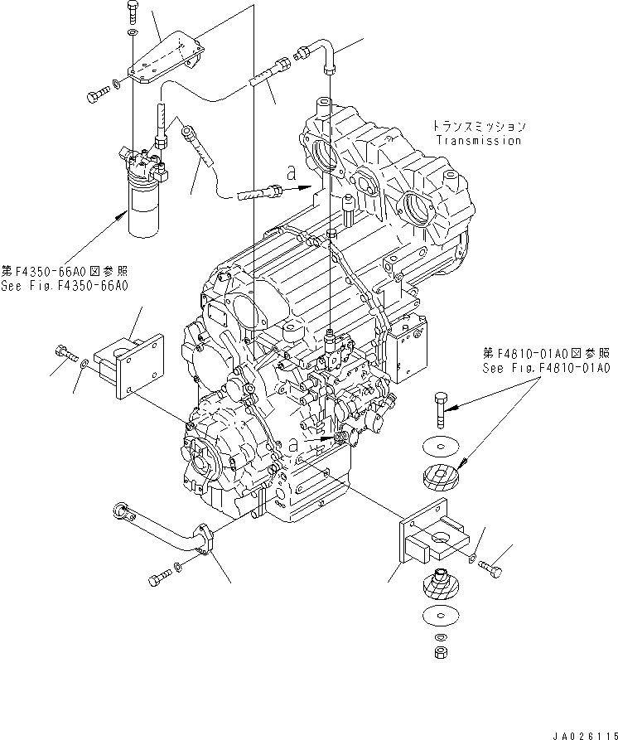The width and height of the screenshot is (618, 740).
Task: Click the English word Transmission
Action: [478, 141]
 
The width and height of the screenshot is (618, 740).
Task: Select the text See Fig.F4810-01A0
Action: [548, 368]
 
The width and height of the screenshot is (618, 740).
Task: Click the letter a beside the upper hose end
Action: [291, 174]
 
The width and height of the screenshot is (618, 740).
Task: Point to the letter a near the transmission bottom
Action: [294, 445]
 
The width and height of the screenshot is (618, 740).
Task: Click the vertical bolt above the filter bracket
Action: [133, 13]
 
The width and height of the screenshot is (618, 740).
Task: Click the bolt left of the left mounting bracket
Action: [64, 352]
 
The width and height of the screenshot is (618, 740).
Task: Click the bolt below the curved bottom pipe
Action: [160, 578]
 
